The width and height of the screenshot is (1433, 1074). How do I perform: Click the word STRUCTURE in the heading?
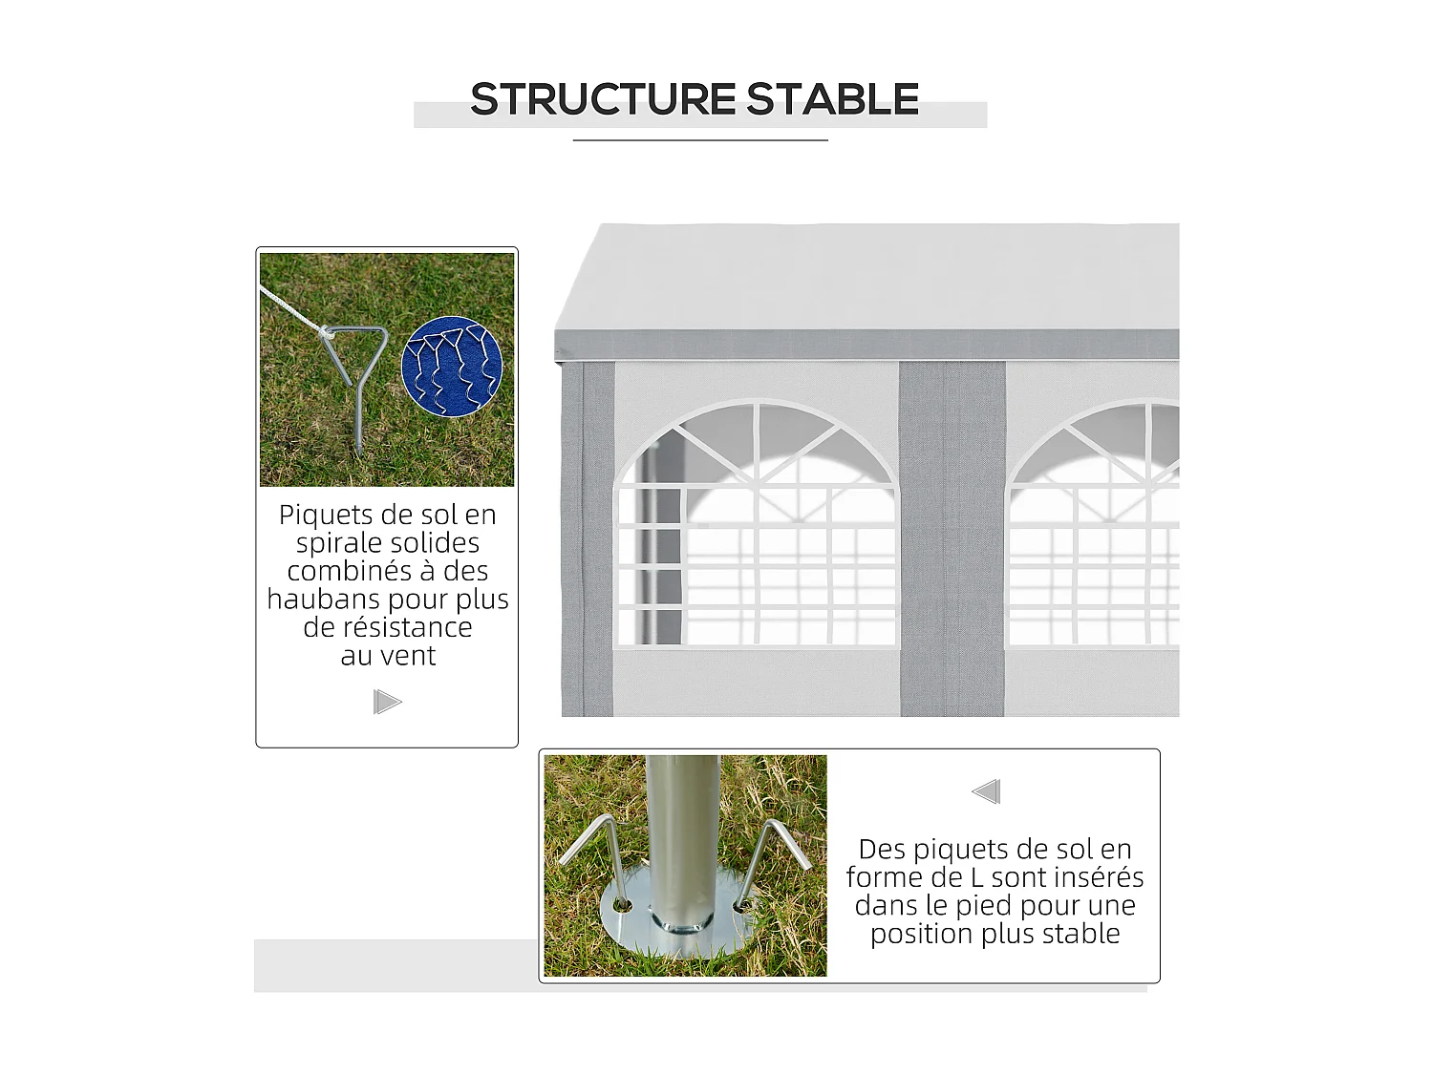(x=603, y=99)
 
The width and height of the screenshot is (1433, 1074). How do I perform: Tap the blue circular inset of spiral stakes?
(x=452, y=369)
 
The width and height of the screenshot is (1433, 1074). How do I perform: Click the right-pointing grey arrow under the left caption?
(x=387, y=703)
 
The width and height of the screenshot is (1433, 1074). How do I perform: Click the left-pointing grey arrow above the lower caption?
(x=986, y=791)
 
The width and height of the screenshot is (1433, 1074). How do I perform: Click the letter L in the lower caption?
(x=976, y=877)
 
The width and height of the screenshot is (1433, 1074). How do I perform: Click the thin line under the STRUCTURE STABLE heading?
(x=700, y=140)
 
